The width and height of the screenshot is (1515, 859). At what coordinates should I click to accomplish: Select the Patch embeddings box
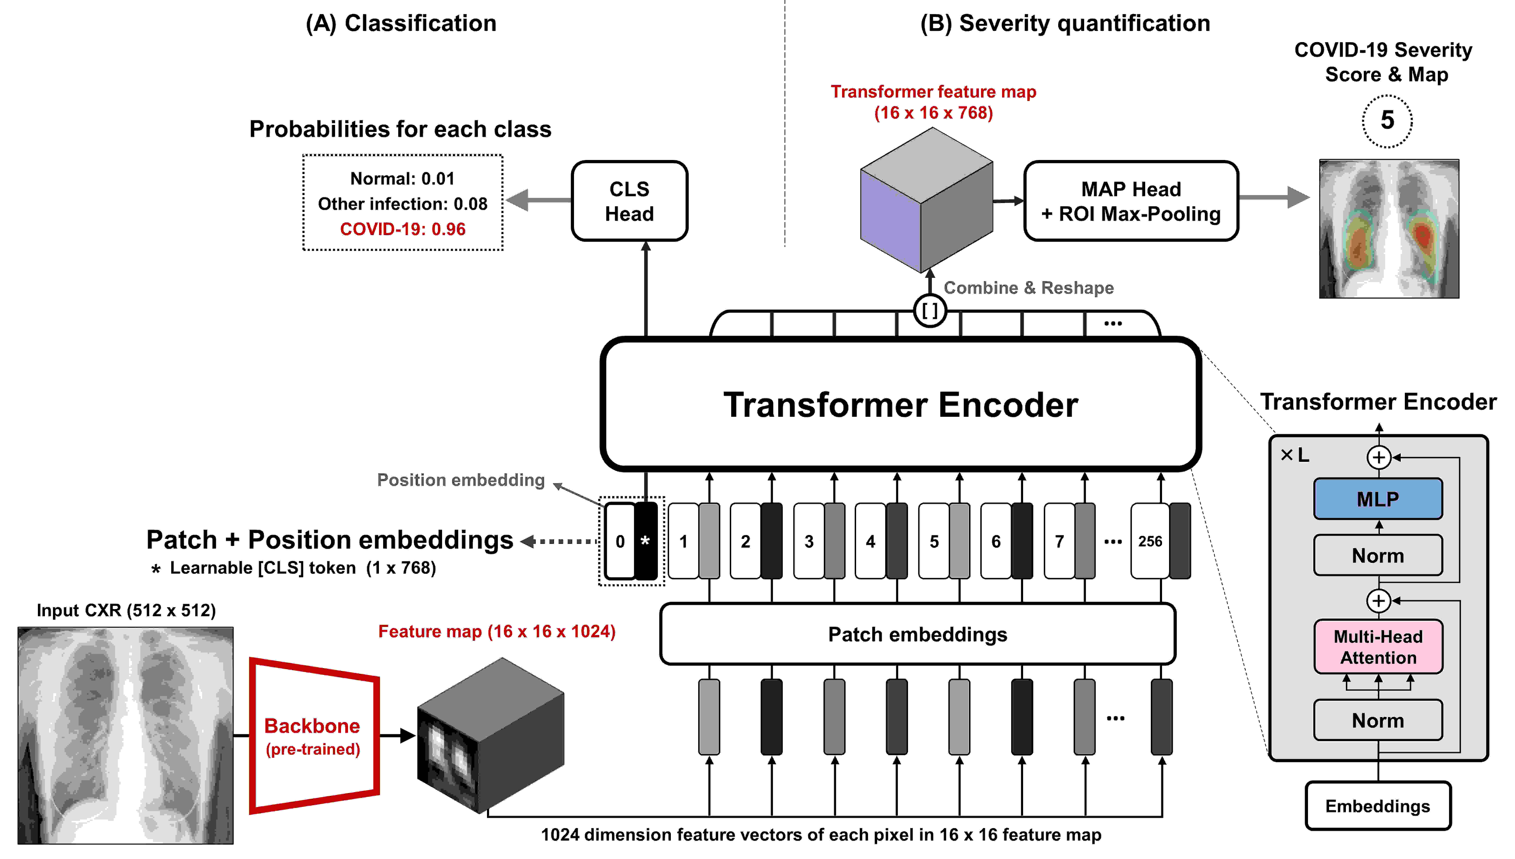coord(917,634)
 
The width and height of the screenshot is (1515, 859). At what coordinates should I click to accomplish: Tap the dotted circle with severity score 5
coord(1387,121)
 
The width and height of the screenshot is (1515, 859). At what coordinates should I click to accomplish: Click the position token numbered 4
coord(870,541)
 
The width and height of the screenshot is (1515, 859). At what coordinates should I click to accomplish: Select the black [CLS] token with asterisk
coord(645,541)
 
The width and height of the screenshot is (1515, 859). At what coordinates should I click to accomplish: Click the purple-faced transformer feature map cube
coord(926,201)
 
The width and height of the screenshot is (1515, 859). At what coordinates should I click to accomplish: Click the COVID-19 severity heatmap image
coord(1389,229)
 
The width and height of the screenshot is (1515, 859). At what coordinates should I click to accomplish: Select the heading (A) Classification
coord(401,24)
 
